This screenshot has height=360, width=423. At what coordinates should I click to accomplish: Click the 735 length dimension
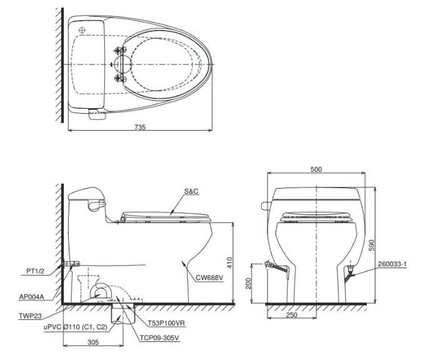(x=140, y=127)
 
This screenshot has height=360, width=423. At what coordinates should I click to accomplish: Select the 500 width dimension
(x=316, y=169)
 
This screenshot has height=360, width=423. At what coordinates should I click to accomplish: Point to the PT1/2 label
(x=35, y=271)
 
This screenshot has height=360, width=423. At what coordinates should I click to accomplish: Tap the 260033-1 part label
(x=392, y=264)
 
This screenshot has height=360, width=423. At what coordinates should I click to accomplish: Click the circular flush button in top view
(x=81, y=28)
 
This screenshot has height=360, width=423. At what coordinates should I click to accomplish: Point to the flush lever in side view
(x=95, y=204)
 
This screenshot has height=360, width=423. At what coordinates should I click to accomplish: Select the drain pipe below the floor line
(x=117, y=315)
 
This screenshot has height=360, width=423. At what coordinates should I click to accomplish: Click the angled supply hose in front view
(x=277, y=268)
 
